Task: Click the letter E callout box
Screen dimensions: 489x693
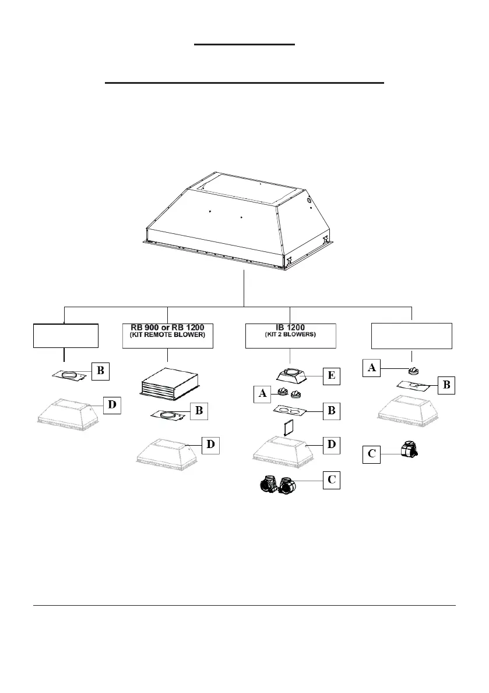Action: [330, 376]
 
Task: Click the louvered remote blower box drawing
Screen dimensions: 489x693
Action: [170, 383]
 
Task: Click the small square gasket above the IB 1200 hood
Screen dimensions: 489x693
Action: [286, 429]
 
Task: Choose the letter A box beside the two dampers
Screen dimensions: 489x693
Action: [262, 393]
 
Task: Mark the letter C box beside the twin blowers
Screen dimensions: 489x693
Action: [331, 480]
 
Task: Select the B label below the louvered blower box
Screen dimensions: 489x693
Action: [199, 410]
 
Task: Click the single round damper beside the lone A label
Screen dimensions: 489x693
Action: [413, 369]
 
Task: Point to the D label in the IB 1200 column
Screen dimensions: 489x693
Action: [331, 445]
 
